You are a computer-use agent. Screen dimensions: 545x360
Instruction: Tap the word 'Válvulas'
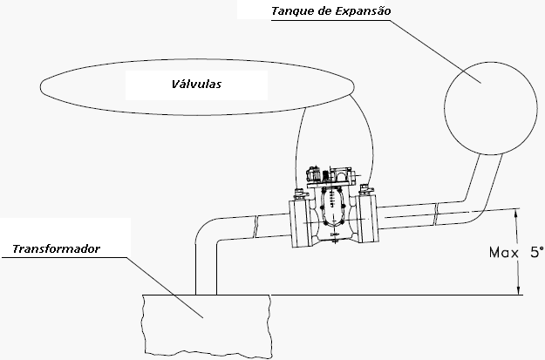coord(195,85)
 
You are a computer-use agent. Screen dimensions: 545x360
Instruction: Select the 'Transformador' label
coord(57,249)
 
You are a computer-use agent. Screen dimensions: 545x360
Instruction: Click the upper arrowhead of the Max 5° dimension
coord(520,213)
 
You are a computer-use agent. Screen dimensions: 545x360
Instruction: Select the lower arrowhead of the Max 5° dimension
coord(520,289)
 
